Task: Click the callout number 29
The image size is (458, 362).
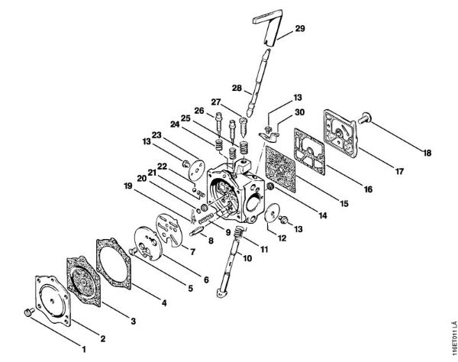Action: tap(300, 28)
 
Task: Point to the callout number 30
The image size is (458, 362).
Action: tap(300, 112)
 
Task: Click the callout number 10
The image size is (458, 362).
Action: tap(247, 259)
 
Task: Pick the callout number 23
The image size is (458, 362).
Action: tap(158, 136)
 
